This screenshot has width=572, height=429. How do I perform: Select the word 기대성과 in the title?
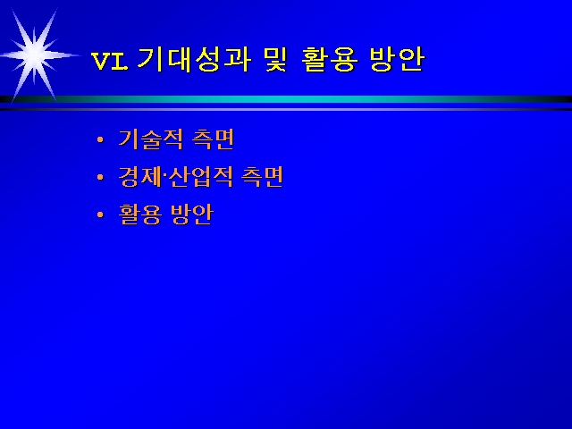pyautogui.click(x=194, y=59)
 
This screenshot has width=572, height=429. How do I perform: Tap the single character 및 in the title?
pyautogui.click(x=276, y=59)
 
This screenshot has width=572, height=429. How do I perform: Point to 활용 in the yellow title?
pyautogui.click(x=329, y=59)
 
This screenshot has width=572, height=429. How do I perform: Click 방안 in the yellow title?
pyautogui.click(x=397, y=59)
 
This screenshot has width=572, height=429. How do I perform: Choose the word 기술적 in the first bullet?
pyautogui.click(x=150, y=139)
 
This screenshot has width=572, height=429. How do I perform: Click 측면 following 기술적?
pyautogui.click(x=213, y=139)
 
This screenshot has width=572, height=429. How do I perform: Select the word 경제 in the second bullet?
pyautogui.click(x=139, y=177)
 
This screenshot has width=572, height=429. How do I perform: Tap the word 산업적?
pyautogui.click(x=200, y=177)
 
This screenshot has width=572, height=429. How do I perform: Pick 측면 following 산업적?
pyautogui.click(x=262, y=177)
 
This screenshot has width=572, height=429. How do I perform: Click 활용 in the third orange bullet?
pyautogui.click(x=140, y=214)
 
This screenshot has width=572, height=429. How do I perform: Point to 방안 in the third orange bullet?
pyautogui.click(x=192, y=214)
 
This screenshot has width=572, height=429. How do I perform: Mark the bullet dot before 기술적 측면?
pyautogui.click(x=100, y=139)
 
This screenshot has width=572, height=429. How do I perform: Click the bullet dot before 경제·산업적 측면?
pyautogui.click(x=100, y=177)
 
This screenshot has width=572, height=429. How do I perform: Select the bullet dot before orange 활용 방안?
pyautogui.click(x=100, y=214)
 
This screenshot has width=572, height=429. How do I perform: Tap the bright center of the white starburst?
pyautogui.click(x=35, y=55)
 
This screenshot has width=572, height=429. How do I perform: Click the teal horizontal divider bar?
pyautogui.click(x=286, y=99)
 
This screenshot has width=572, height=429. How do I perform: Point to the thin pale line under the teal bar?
pyautogui.click(x=286, y=109)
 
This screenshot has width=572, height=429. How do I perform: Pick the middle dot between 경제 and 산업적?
pyautogui.click(x=164, y=176)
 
